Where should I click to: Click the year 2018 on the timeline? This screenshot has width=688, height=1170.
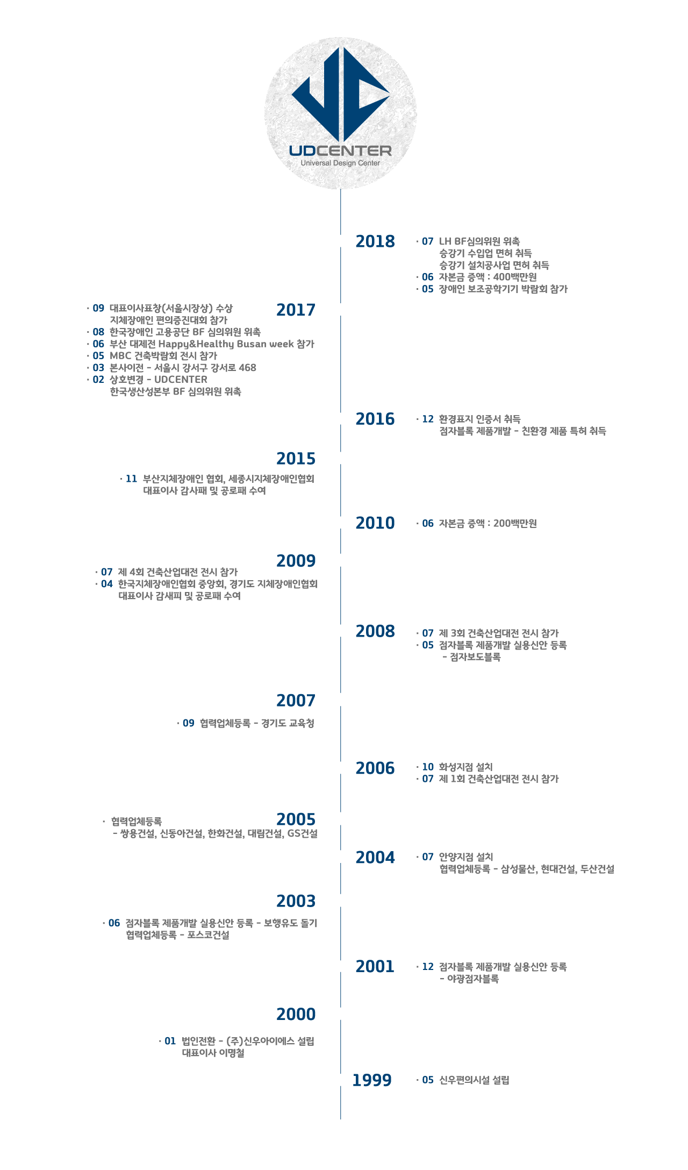pos(375,241)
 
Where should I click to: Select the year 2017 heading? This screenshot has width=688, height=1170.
pos(296,310)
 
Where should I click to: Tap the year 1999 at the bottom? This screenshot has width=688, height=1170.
pos(372,1080)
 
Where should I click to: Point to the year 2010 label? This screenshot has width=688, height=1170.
pos(375,523)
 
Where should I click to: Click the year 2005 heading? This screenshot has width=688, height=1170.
pos(296,819)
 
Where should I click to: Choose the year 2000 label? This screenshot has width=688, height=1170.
pos(296,1014)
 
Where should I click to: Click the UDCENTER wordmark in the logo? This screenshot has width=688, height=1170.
pos(340,151)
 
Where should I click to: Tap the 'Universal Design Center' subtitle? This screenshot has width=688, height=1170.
pos(340,163)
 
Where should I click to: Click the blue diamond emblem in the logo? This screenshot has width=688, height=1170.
pos(341,94)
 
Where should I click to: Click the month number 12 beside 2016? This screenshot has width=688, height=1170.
pos(428,419)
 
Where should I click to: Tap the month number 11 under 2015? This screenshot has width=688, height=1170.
pos(132,479)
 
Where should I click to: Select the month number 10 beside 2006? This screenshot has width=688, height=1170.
pos(428,767)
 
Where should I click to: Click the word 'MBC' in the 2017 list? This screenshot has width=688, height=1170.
pos(120,356)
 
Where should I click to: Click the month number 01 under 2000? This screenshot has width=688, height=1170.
pos(170,1041)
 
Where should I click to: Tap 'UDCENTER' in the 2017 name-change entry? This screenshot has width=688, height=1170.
pos(181,380)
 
